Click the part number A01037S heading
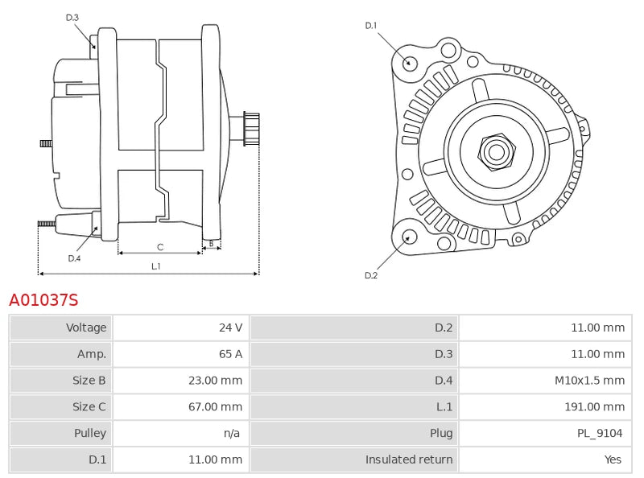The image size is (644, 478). click(43, 300)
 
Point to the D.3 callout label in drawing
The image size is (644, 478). click(72, 17)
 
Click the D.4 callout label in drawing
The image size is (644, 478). click(74, 258)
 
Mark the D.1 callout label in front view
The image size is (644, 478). click(371, 26)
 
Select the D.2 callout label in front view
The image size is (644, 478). click(371, 275)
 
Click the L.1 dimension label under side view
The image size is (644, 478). click(156, 266)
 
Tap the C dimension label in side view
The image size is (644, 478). click(160, 247)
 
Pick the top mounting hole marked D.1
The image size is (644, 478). click(409, 62)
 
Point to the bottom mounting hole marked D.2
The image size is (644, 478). click(409, 237)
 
